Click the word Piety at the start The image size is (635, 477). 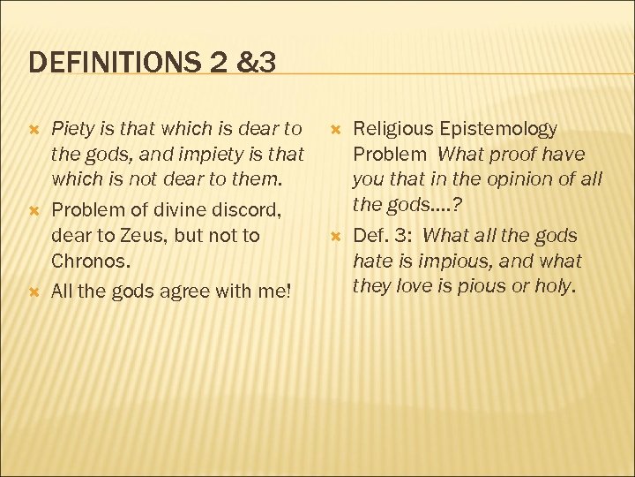tap(73, 129)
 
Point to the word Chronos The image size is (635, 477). tap(91, 261)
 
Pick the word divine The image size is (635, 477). tap(184, 211)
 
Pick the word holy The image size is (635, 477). tap(555, 287)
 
